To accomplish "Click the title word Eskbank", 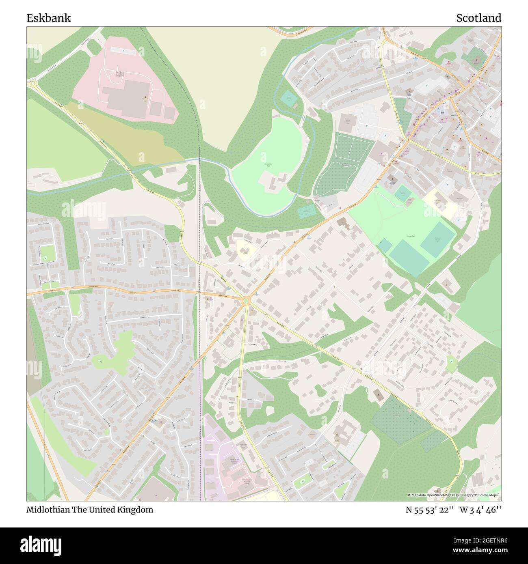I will click(x=48, y=18).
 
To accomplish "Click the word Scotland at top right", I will click(x=478, y=18).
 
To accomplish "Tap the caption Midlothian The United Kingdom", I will click(x=90, y=510).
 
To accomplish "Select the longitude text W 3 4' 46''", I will click(x=481, y=510).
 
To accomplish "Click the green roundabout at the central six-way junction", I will click(x=245, y=301).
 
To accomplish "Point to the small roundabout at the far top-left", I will click(x=32, y=84).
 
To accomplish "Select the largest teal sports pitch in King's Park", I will click(x=409, y=258).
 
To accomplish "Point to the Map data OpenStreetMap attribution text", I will click(x=454, y=495).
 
